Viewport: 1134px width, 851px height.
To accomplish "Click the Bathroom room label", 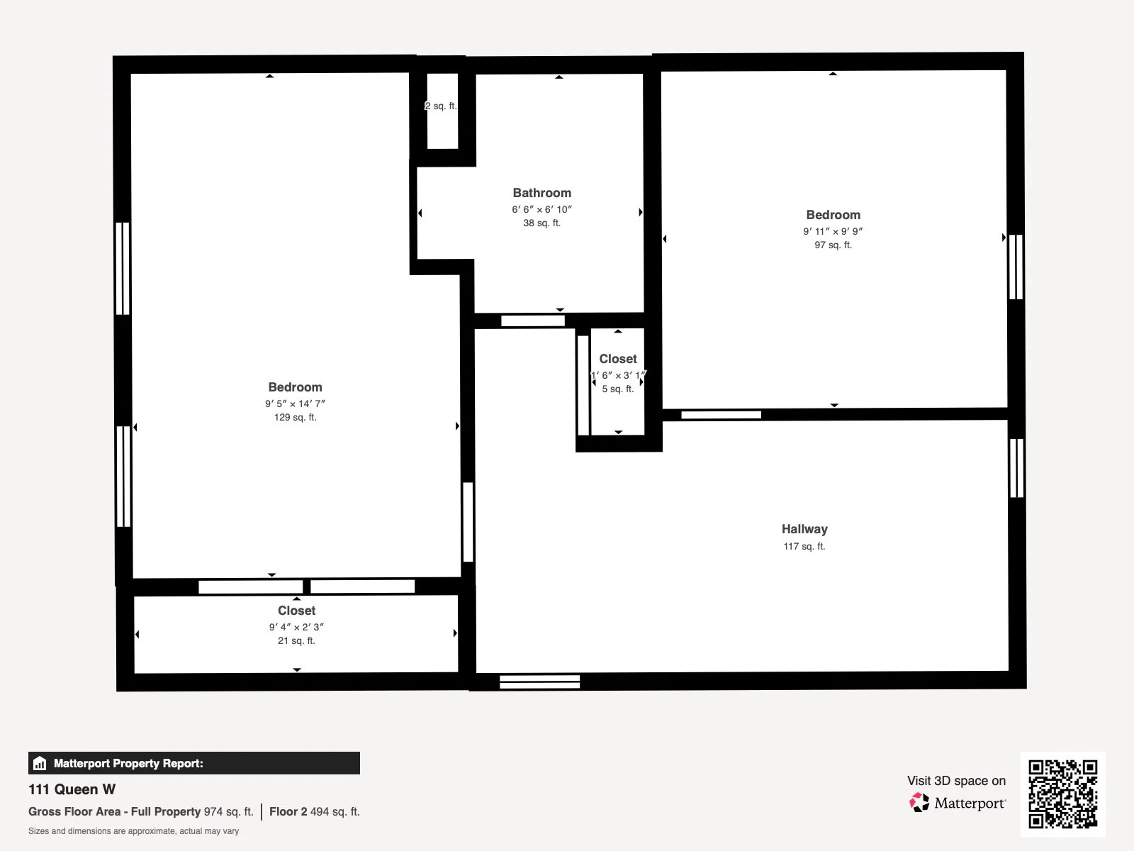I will click(x=541, y=193).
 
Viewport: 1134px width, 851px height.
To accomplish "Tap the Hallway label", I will click(x=804, y=529).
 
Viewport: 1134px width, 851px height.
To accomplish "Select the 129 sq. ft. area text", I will click(x=295, y=418).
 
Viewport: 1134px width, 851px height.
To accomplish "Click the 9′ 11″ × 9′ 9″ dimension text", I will click(x=833, y=231).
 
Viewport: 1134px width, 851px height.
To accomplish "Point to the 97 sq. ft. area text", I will click(x=833, y=245).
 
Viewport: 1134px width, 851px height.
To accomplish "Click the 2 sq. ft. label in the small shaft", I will click(x=441, y=106).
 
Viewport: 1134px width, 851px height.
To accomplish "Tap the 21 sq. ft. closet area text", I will click(x=296, y=641).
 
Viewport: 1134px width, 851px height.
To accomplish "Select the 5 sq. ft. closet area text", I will click(x=617, y=389).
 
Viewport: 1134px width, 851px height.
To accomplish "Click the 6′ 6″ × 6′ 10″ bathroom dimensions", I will click(x=541, y=210).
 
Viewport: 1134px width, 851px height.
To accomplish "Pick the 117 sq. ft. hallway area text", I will click(x=804, y=547).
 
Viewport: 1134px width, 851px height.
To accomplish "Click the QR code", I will click(x=1062, y=794).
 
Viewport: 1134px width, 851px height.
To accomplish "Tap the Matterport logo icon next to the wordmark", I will click(x=919, y=803).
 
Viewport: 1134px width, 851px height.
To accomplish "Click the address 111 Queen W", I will click(x=72, y=789).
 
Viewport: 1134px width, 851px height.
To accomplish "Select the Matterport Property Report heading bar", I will click(x=193, y=763).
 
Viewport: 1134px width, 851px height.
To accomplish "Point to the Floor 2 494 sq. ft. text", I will click(x=314, y=812).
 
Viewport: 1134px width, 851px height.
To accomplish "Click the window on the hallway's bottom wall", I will click(x=539, y=682).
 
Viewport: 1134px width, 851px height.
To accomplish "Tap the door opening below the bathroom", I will click(x=532, y=321).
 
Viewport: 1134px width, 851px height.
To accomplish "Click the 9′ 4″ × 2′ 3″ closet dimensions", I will click(x=296, y=627).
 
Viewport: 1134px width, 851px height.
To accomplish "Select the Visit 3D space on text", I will click(x=956, y=781).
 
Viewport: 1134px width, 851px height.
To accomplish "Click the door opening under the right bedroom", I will click(x=721, y=415).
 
